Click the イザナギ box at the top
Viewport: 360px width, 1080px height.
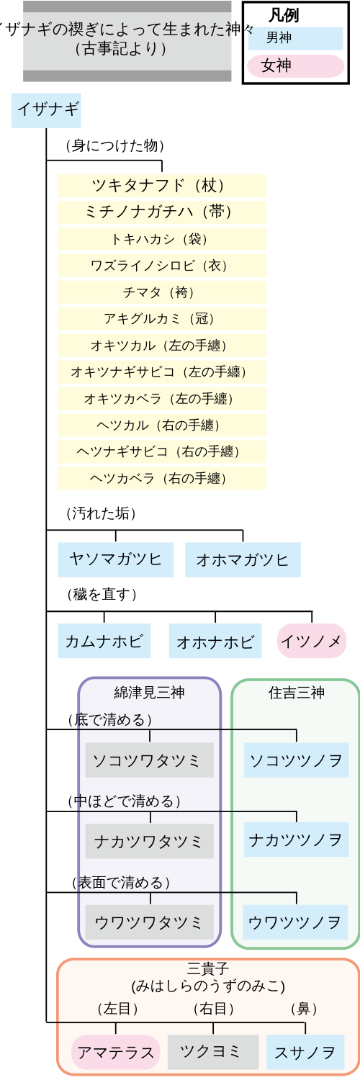46,110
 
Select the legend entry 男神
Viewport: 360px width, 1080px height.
295,38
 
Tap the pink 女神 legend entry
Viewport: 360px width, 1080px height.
295,66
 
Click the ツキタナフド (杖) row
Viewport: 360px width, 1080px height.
162,186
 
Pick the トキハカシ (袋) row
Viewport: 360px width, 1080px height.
162,238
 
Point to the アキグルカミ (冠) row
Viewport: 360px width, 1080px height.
162,318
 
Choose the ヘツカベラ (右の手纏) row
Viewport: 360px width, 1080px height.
162,478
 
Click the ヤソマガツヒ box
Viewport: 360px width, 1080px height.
116,559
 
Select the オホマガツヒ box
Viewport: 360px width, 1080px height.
243,559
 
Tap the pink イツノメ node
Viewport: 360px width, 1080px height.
312,641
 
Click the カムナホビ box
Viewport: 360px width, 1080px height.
104,641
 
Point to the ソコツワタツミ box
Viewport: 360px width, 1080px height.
149,760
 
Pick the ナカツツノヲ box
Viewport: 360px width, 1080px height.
297,840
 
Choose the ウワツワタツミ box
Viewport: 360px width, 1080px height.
149,922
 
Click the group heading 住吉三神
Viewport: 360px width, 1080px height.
297,693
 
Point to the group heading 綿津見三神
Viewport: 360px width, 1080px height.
149,693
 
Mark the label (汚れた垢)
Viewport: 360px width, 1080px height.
102,513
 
